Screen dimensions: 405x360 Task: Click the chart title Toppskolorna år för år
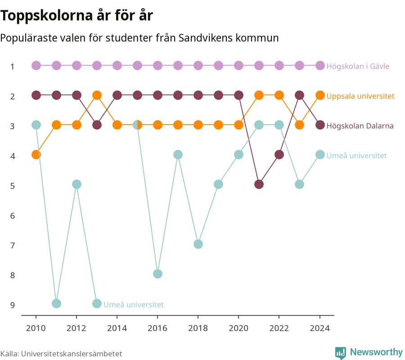[x=76, y=15]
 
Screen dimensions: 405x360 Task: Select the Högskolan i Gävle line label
[x=358, y=66]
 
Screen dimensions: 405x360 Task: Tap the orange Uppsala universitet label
[x=360, y=96]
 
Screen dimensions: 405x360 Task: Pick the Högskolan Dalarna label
[x=360, y=126]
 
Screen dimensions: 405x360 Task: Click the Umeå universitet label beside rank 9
[x=134, y=305]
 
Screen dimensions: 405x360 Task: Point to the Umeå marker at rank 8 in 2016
[x=157, y=274]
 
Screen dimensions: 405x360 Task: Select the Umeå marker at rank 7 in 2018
[x=198, y=244]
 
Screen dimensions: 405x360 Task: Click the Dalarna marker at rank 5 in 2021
[x=259, y=184]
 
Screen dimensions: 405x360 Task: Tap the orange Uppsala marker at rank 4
[x=36, y=155]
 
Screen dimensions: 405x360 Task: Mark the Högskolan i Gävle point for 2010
[x=36, y=66]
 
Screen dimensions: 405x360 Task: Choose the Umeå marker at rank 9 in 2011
[x=56, y=303]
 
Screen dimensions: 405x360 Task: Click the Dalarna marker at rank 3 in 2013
[x=97, y=125]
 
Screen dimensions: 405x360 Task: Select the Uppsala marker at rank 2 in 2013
[x=97, y=95]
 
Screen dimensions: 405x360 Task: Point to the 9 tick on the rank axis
[x=13, y=305]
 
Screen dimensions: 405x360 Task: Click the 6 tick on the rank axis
[x=13, y=216]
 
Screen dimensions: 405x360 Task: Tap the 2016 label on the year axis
[x=157, y=328]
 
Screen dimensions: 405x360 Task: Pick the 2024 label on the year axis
[x=320, y=328]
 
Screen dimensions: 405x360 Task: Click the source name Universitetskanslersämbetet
[x=72, y=354]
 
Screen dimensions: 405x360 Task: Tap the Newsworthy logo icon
[x=341, y=353]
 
